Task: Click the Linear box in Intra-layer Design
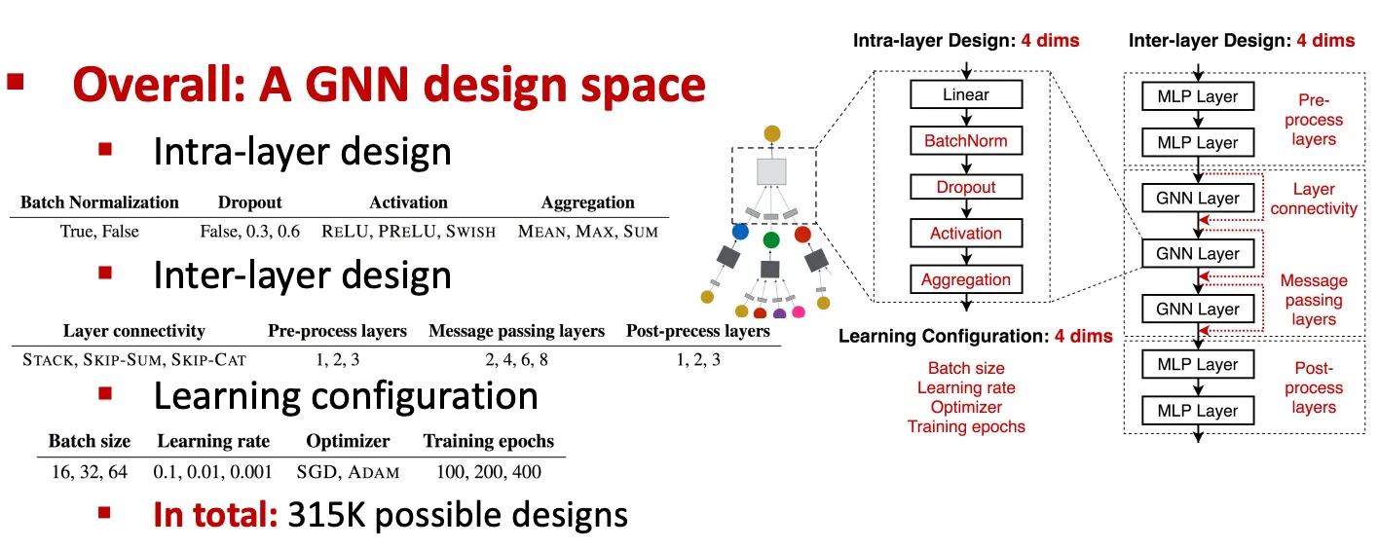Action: click(x=965, y=94)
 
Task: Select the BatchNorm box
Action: click(x=965, y=141)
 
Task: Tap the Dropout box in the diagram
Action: click(x=965, y=187)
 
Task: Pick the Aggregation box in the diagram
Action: click(x=965, y=279)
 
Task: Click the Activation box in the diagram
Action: click(x=965, y=234)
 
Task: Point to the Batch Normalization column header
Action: click(x=99, y=202)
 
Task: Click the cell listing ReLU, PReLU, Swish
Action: click(x=408, y=232)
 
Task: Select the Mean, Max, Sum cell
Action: click(x=588, y=232)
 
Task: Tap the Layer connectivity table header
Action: click(x=134, y=331)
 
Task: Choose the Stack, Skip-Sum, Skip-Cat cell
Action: click(x=134, y=360)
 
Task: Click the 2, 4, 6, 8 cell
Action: click(x=516, y=360)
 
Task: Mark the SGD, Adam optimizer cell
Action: click(x=349, y=472)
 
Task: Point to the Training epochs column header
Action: click(x=489, y=442)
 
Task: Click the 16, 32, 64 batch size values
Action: click(x=89, y=472)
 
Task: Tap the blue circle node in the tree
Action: click(x=740, y=234)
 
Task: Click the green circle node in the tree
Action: click(x=771, y=239)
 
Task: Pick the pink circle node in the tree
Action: click(x=799, y=312)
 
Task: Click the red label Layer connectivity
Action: click(x=1313, y=199)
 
